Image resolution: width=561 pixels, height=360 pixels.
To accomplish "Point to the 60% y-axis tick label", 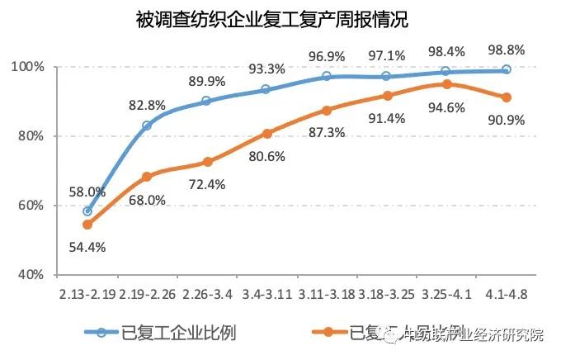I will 31,206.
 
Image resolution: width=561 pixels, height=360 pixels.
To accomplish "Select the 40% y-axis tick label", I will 31,274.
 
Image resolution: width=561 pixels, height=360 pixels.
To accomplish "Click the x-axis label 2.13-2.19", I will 87,293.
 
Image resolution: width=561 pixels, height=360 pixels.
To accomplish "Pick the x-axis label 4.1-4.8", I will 507,293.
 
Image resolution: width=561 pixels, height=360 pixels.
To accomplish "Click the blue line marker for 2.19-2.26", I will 147,126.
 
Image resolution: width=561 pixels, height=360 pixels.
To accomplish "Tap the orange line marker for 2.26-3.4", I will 207,162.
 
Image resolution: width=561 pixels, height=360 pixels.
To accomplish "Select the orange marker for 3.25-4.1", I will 446,84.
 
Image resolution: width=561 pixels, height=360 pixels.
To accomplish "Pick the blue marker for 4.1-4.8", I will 507,69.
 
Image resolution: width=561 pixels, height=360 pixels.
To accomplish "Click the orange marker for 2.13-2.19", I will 87,224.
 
